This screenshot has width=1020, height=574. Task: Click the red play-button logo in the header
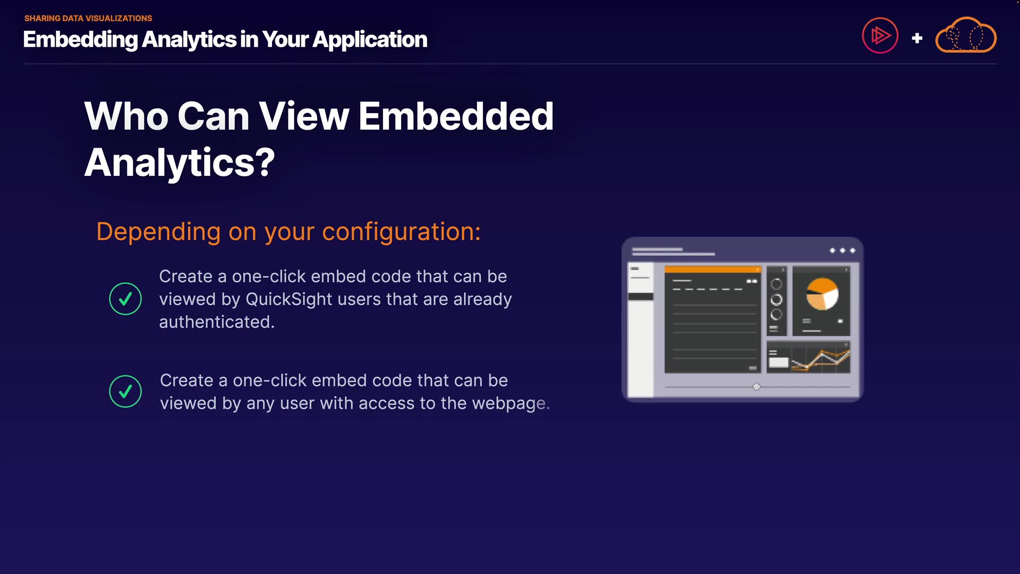coord(880,36)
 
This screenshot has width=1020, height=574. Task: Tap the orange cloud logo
coord(966,35)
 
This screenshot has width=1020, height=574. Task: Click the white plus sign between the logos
coord(917,38)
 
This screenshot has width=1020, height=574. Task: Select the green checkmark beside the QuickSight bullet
coord(125,299)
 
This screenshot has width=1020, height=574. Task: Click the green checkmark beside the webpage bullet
coord(125,391)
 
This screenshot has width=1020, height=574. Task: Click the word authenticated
coord(217,322)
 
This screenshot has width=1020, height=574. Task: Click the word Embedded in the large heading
coord(456,116)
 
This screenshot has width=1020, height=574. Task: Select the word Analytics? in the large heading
coord(180,163)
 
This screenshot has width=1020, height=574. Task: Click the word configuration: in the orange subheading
coord(402,232)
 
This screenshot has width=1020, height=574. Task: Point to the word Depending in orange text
coord(158,232)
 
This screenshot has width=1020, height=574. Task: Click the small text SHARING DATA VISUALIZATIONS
coord(88,18)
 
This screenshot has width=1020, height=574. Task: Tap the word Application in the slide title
coord(370,39)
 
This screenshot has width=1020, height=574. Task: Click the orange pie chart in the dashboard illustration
coord(822,294)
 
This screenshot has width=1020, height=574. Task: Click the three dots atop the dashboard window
coord(843,250)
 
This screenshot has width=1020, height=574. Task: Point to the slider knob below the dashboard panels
coord(756,386)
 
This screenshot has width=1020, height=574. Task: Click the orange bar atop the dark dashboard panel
coord(713,269)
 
